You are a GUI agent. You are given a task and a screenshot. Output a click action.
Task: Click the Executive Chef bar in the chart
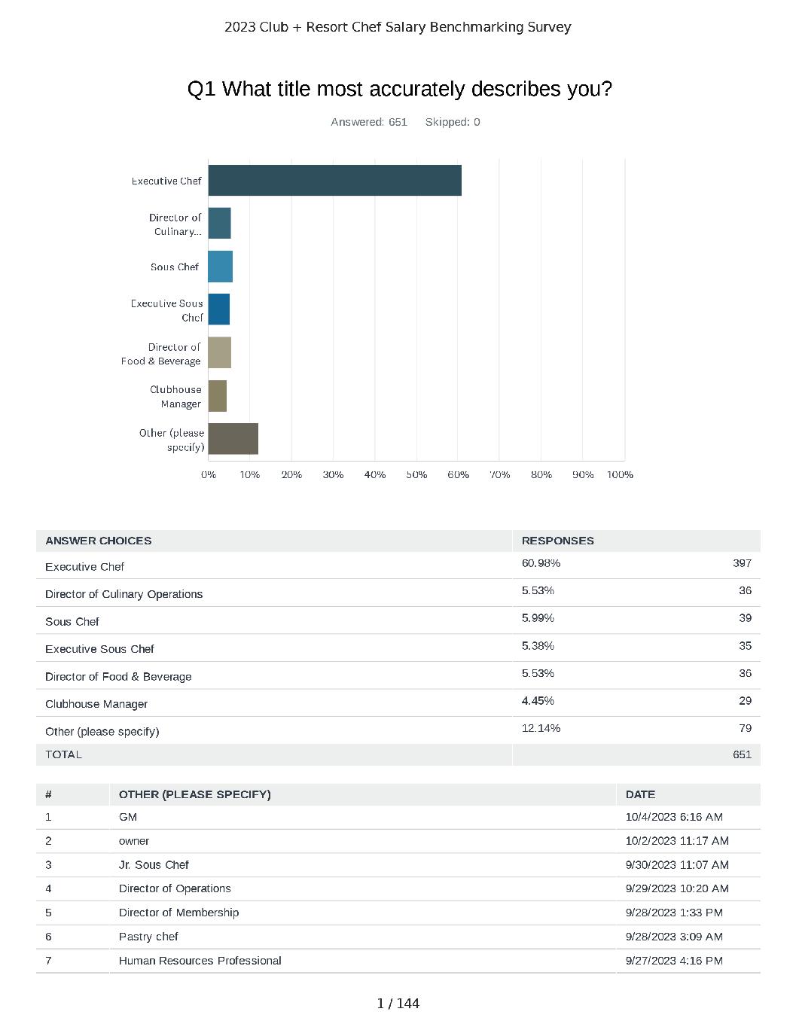coord(334,181)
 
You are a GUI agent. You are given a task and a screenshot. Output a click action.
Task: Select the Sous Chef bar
coord(220,267)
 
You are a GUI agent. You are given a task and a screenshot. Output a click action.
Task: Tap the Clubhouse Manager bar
coord(217,396)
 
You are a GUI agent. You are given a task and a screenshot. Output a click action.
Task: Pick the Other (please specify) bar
coord(233,439)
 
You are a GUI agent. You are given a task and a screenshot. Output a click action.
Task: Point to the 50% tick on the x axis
coord(416,474)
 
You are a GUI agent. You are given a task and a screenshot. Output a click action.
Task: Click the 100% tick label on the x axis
coord(620,474)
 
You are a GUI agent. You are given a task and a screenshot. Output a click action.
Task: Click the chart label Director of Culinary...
coord(175,224)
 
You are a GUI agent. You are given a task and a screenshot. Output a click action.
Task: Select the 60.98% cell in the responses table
coord(541,563)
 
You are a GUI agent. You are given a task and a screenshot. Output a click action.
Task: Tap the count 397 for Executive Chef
coord(742,563)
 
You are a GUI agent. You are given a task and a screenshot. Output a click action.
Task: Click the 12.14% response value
coord(541,728)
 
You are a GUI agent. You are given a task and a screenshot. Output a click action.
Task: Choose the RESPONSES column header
coord(557,541)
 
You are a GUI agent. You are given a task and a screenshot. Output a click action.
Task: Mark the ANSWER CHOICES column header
coord(98,541)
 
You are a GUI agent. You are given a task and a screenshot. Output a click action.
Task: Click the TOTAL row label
coord(63,754)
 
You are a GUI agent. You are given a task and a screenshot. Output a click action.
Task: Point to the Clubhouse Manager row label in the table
coord(96,704)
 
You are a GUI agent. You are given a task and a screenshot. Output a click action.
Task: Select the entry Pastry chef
coord(148,937)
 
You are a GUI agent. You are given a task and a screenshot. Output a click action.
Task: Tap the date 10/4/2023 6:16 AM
coord(674,817)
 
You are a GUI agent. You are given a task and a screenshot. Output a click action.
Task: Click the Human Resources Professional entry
coord(200,961)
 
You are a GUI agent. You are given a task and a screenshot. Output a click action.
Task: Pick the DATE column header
coord(640,794)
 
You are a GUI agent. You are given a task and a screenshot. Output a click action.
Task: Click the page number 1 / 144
coord(398,1004)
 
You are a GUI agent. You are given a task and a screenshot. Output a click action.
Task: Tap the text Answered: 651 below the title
coord(369,122)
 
